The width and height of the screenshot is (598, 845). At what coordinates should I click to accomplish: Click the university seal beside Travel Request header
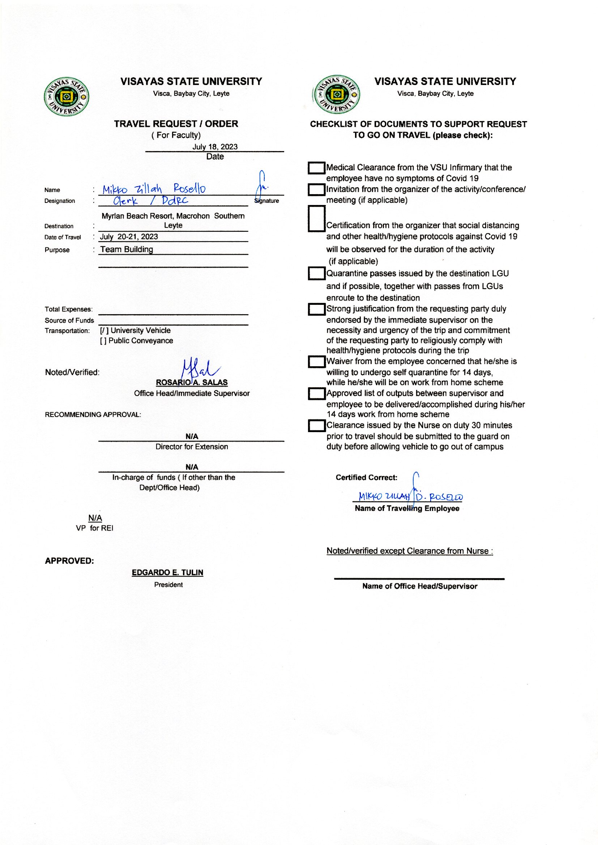point(66,97)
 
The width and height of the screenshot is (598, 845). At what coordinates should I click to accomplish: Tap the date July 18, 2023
point(215,146)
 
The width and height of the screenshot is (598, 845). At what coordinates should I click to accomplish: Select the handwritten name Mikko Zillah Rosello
point(154,189)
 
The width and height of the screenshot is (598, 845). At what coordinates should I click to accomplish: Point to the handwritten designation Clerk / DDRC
point(150,201)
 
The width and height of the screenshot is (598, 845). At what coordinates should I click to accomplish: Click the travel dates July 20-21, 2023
point(129,237)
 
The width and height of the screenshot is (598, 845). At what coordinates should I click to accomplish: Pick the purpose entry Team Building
point(127,249)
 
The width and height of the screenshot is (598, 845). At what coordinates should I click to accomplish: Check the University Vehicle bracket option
point(104,330)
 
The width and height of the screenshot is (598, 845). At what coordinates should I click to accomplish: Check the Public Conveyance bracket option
point(103,341)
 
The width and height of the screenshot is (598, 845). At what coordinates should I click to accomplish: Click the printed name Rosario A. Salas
point(192,383)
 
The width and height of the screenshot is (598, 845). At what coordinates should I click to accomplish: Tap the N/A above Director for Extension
point(192,436)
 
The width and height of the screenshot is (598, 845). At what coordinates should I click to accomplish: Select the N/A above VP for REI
point(95,518)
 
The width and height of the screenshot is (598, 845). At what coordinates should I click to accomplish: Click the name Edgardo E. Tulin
point(167,572)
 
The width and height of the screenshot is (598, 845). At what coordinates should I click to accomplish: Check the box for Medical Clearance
point(316,168)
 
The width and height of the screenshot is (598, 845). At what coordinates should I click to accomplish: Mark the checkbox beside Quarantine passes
point(316,274)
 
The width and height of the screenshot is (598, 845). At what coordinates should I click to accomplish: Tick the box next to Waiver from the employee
point(316,362)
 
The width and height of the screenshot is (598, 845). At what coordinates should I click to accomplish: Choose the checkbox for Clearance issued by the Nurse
point(316,426)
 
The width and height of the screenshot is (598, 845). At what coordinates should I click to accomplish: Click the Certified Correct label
point(366,478)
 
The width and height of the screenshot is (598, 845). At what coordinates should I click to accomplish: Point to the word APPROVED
point(69,561)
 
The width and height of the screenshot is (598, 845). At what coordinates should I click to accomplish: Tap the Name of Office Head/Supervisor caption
point(419,586)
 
